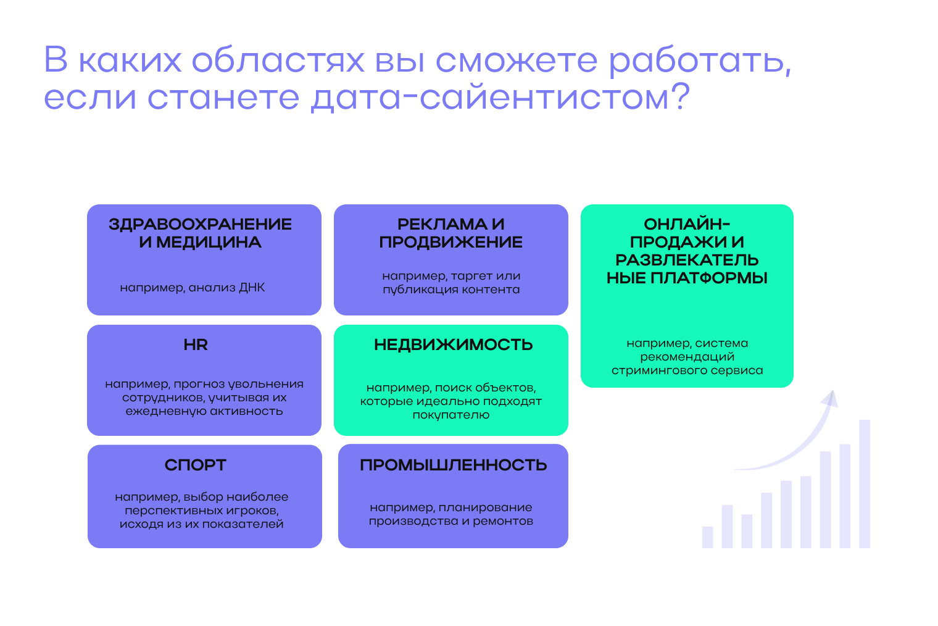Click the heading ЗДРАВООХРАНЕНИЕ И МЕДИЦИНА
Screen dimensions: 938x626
200,233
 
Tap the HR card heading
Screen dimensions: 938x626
196,345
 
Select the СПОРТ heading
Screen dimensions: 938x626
196,465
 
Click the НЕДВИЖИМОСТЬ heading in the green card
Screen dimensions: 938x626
453,345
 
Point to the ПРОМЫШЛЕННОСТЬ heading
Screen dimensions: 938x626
453,465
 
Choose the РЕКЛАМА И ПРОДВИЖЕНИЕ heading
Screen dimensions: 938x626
451,233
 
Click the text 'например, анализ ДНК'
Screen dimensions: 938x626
192,288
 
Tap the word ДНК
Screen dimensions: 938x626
252,288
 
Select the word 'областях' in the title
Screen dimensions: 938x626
278,61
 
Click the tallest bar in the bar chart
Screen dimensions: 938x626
865,483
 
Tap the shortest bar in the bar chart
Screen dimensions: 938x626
708,537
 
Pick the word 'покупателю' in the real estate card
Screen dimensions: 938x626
451,415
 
